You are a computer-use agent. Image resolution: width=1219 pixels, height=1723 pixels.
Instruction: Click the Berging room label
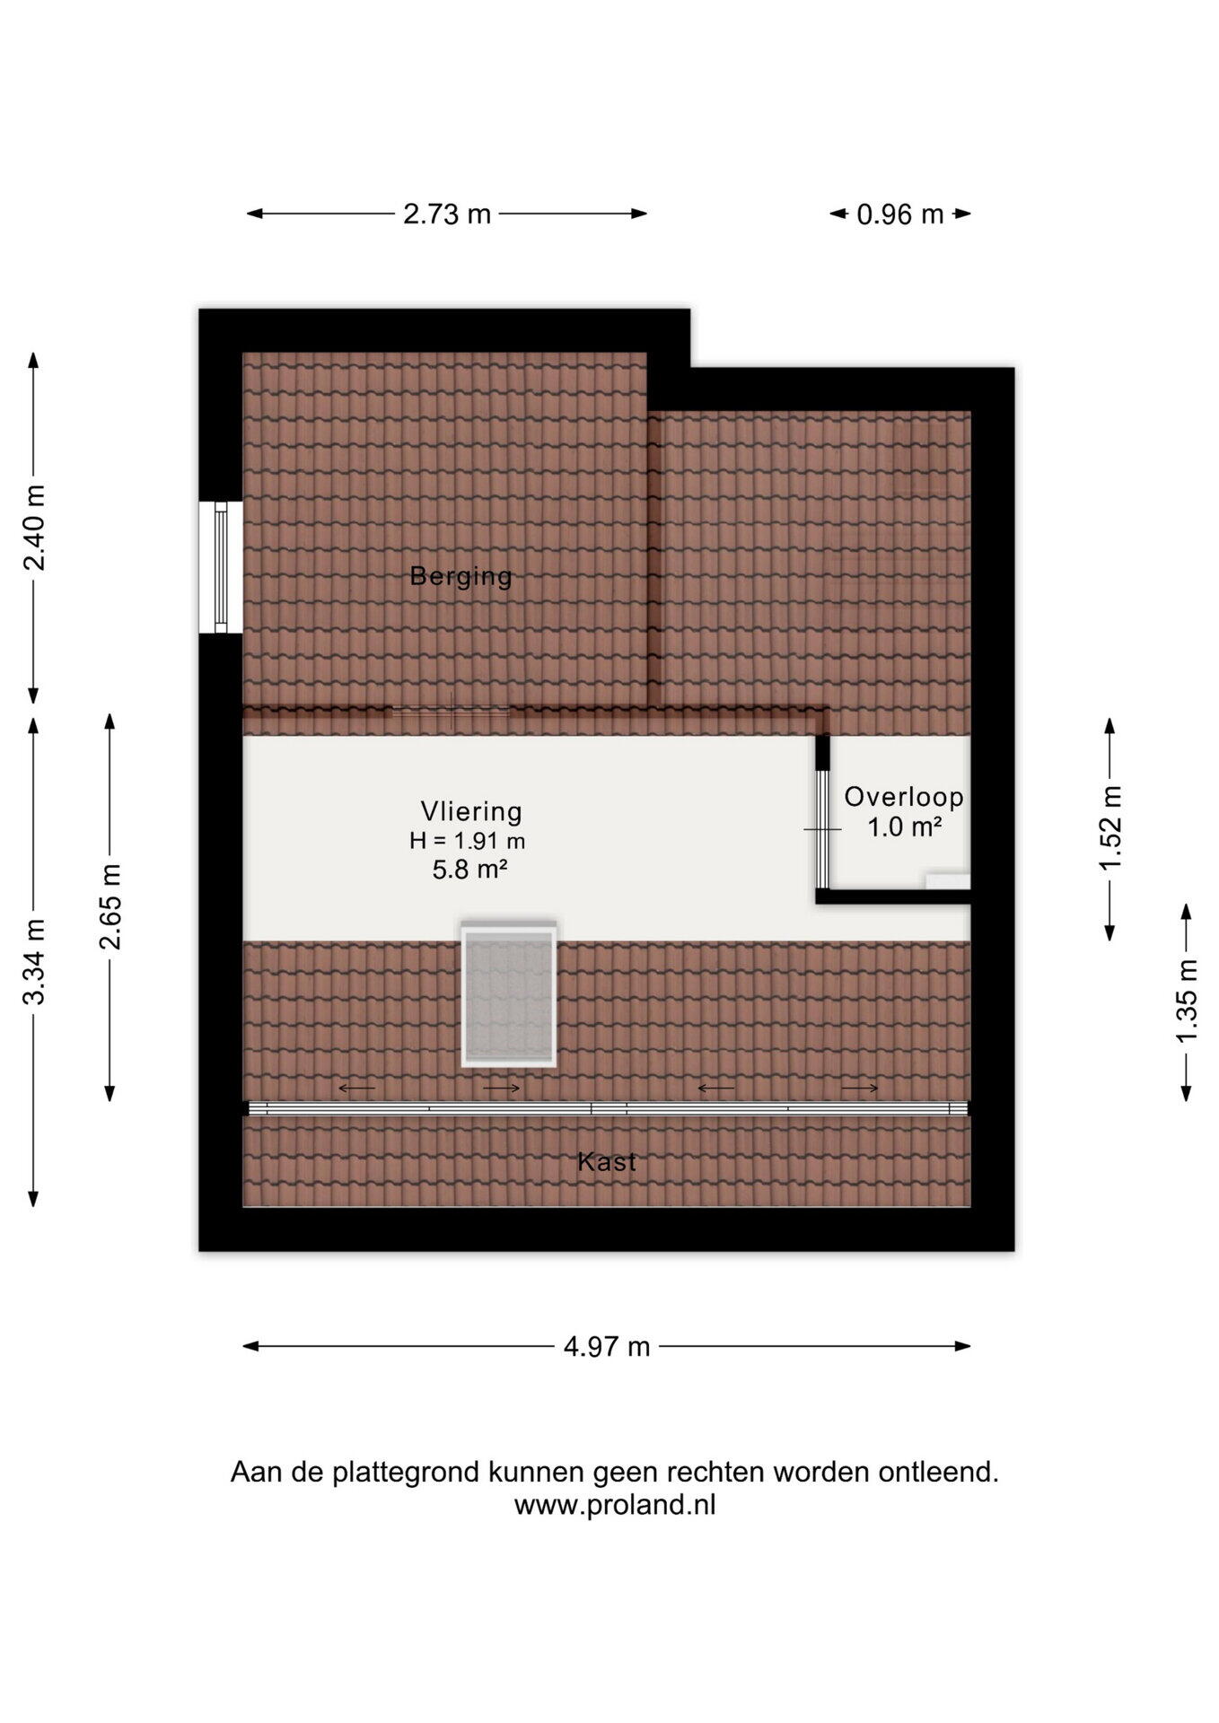pyautogui.click(x=460, y=576)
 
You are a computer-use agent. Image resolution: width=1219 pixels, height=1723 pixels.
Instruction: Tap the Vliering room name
pyautogui.click(x=471, y=811)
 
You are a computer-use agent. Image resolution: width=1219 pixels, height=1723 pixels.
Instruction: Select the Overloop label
pyautogui.click(x=904, y=797)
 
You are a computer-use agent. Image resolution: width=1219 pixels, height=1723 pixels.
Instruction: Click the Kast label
pyautogui.click(x=607, y=1162)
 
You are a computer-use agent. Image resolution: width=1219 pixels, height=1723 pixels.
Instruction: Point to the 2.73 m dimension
pyautogui.click(x=447, y=214)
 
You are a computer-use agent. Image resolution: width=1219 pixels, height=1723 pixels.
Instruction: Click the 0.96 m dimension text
pyautogui.click(x=900, y=214)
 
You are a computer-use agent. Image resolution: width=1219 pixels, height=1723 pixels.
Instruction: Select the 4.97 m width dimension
pyautogui.click(x=607, y=1347)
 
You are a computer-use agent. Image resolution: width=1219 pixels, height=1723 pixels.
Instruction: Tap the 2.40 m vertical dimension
pyautogui.click(x=35, y=528)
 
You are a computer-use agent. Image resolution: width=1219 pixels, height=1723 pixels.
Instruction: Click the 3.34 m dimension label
pyautogui.click(x=35, y=962)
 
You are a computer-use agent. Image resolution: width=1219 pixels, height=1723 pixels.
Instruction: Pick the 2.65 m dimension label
pyautogui.click(x=110, y=906)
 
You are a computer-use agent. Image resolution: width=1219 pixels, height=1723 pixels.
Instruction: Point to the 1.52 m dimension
pyautogui.click(x=1111, y=827)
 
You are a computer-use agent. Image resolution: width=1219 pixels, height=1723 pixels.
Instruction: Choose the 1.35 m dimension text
pyautogui.click(x=1188, y=1001)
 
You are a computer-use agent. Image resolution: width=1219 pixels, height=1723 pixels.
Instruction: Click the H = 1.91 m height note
pyautogui.click(x=468, y=841)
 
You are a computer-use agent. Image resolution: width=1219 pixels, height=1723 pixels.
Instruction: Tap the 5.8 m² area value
pyautogui.click(x=470, y=870)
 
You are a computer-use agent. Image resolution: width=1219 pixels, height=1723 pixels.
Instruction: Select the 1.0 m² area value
pyautogui.click(x=904, y=827)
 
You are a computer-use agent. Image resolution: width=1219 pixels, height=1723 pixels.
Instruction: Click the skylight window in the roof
pyautogui.click(x=509, y=994)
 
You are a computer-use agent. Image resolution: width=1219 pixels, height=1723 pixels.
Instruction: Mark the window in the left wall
pyautogui.click(x=221, y=566)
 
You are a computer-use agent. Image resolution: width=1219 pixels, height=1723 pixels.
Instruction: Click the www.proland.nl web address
pyautogui.click(x=615, y=1505)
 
